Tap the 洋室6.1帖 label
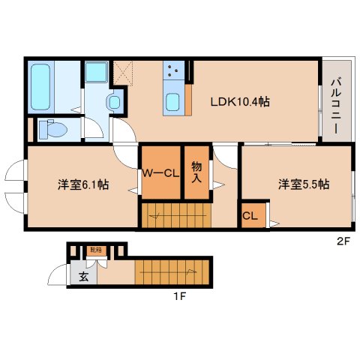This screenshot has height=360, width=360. [82, 184]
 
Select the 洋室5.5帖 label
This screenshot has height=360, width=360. [304, 184]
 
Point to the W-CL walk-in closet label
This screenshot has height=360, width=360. [161, 174]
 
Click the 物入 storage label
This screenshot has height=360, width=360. [196, 172]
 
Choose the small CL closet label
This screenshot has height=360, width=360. [252, 215]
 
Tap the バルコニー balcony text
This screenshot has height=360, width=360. [336, 105]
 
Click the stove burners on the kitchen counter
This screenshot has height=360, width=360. [173, 71]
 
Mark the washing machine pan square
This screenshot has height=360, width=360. [96, 73]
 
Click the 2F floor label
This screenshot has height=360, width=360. [343, 241]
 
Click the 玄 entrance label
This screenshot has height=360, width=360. [83, 277]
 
